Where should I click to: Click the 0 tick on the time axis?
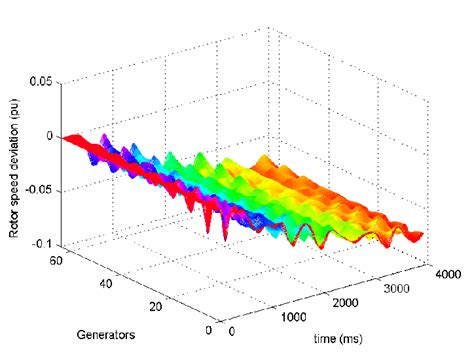pos(233,331)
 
